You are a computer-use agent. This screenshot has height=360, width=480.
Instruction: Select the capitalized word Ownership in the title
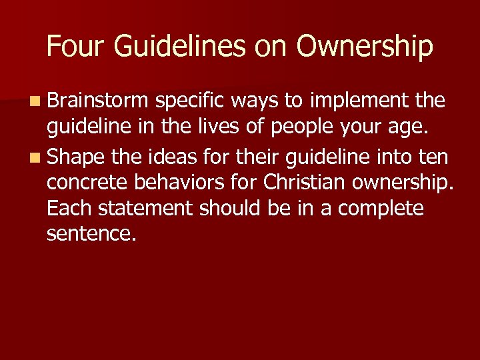tap(365, 47)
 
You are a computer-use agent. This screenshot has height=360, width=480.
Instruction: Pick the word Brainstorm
tap(97, 101)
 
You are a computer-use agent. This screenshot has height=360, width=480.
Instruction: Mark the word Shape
tap(77, 159)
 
